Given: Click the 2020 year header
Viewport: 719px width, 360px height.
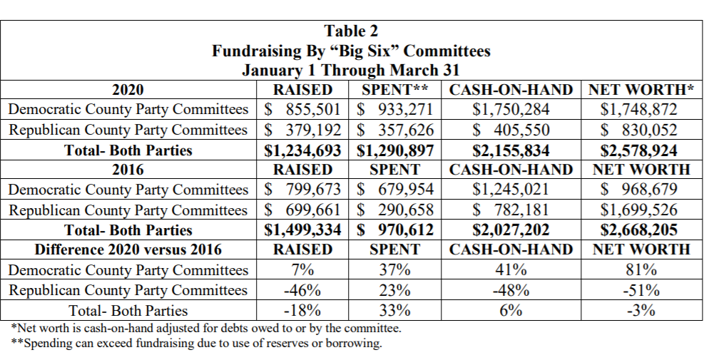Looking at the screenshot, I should pyautogui.click(x=128, y=90).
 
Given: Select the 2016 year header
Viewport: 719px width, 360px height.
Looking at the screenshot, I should pyautogui.click(x=128, y=170).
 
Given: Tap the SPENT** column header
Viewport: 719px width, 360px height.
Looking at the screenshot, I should pyautogui.click(x=394, y=90).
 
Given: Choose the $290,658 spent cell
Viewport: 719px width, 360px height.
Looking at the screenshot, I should pyautogui.click(x=394, y=210).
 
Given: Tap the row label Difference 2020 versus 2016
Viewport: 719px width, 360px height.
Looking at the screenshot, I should pyautogui.click(x=128, y=250).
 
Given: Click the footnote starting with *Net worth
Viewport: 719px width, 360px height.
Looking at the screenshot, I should pyautogui.click(x=206, y=329).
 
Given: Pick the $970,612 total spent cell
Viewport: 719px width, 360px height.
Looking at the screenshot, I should pyautogui.click(x=394, y=230).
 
